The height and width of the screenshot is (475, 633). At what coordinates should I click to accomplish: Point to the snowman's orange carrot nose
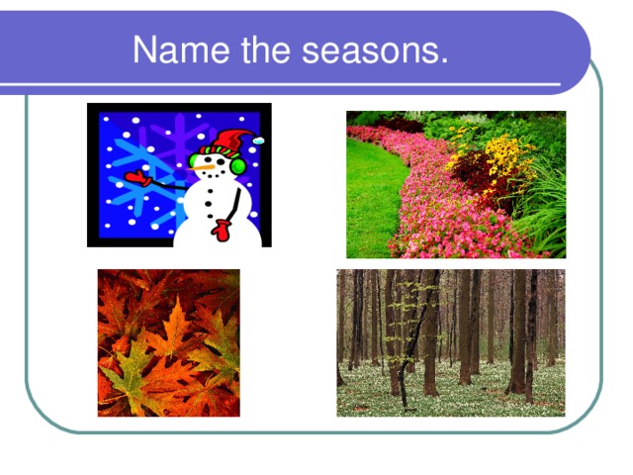coord(203,168)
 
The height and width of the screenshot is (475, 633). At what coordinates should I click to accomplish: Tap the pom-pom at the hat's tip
coord(259,141)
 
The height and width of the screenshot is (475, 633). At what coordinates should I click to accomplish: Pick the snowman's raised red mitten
coord(136,180)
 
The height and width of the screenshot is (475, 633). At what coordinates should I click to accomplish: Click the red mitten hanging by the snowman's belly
coord(222,231)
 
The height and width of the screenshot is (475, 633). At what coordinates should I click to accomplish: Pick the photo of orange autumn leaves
coord(168,342)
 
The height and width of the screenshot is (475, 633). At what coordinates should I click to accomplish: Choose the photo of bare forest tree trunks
coord(451,342)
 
